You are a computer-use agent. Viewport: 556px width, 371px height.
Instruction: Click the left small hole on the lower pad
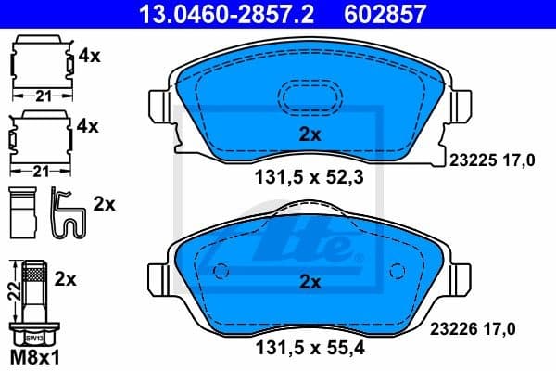point(221,272)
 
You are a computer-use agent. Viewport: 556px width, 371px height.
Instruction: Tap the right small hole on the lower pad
point(398,272)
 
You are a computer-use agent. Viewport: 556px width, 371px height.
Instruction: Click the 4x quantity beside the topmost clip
point(90,55)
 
